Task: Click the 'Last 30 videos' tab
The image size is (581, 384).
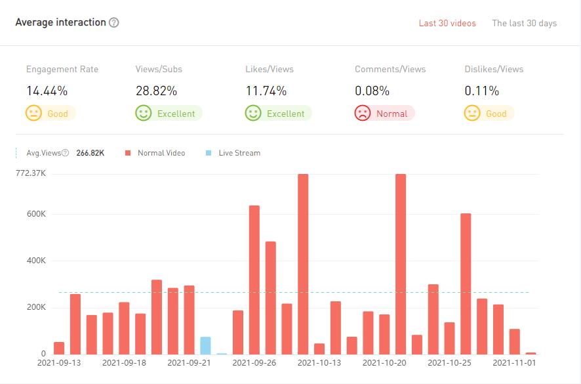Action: point(447,24)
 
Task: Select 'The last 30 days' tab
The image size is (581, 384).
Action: point(524,24)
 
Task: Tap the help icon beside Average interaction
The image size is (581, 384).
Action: point(114,22)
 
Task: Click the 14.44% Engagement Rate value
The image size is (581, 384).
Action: point(47,91)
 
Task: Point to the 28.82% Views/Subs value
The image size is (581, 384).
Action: point(156,91)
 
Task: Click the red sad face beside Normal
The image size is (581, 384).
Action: point(362,114)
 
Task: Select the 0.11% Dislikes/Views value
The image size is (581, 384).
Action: point(482,91)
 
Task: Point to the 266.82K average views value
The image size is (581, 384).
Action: point(94,153)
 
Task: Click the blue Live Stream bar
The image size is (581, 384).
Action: point(205,345)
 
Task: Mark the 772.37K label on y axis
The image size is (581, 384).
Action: point(31,173)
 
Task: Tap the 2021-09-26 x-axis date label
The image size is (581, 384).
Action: point(254,362)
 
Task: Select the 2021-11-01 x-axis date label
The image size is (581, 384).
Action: point(514,362)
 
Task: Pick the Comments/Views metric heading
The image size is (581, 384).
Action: point(390,69)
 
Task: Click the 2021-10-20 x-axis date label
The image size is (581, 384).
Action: point(384,362)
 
